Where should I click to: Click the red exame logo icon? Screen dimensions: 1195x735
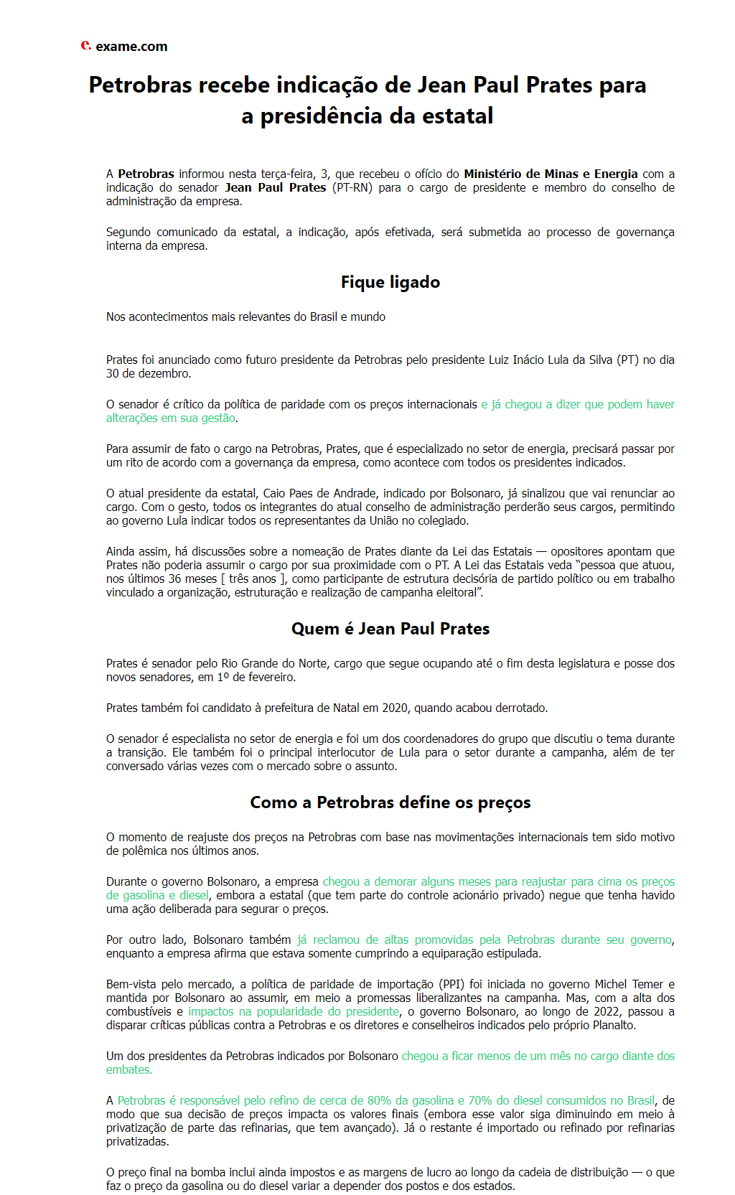[85, 45]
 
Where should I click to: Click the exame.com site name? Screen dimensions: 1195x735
[131, 47]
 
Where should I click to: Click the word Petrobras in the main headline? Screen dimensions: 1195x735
[140, 85]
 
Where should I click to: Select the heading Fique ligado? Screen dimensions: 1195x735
[390, 282]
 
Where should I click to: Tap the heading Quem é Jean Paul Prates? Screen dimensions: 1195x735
[390, 629]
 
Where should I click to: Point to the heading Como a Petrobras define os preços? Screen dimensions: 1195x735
[390, 802]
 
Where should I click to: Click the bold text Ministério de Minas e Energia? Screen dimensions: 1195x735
[551, 174]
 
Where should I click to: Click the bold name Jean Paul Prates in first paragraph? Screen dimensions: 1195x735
[276, 187]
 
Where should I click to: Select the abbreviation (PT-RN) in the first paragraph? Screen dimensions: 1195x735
[352, 187]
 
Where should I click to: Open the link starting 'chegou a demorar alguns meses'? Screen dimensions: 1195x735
[498, 881]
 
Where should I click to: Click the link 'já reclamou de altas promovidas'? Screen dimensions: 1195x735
[484, 939]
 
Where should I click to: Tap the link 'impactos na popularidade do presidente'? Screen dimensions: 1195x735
[294, 1011]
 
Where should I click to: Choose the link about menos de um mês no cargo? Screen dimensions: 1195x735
[538, 1056]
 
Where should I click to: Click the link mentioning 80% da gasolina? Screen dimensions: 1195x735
[386, 1100]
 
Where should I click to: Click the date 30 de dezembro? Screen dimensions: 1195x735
[148, 373]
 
